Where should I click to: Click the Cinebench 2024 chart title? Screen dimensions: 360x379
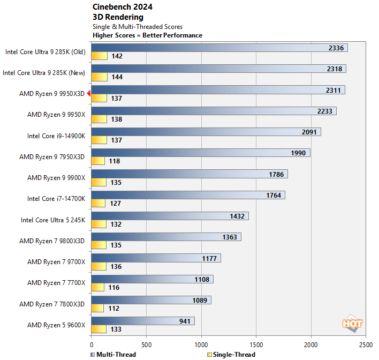pyautogui.click(x=122, y=7)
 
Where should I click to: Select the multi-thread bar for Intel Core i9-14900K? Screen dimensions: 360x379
pyautogui.click(x=206, y=132)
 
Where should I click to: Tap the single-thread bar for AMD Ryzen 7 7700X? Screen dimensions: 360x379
pyautogui.click(x=98, y=288)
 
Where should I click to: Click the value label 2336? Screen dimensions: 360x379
pyautogui.click(x=336, y=48)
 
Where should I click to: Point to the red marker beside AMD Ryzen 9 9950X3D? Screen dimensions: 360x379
pyautogui.click(x=89, y=94)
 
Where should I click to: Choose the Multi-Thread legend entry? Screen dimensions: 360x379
pyautogui.click(x=113, y=354)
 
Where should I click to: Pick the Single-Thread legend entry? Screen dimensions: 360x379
pyautogui.click(x=230, y=354)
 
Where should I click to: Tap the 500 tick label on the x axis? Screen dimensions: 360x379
pyautogui.click(x=147, y=344)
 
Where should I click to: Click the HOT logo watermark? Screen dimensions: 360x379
pyautogui.click(x=352, y=324)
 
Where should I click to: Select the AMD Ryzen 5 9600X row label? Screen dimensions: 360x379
pyautogui.click(x=56, y=325)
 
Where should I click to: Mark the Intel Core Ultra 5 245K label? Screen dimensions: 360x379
pyautogui.click(x=52, y=220)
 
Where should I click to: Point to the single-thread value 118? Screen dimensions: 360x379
pyautogui.click(x=114, y=161)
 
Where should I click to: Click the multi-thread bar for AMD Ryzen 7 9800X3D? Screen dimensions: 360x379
pyautogui.click(x=166, y=237)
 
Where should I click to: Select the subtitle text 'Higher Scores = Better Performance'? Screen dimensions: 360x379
pyautogui.click(x=147, y=35)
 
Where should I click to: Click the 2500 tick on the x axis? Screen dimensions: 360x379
pyautogui.click(x=366, y=344)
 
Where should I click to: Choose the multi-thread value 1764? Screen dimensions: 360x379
pyautogui.click(x=274, y=195)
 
